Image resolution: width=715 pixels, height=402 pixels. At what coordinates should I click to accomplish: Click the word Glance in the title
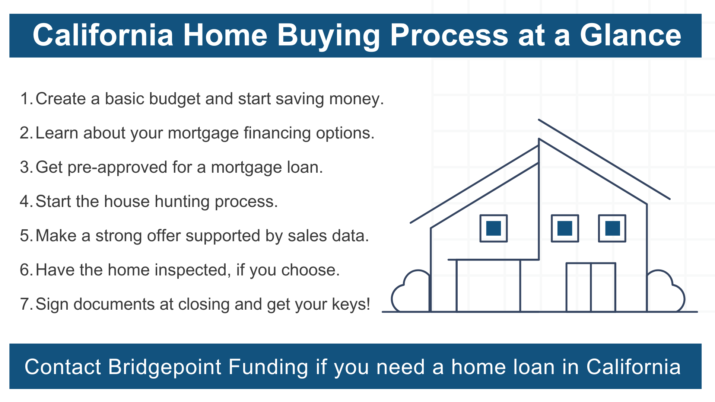point(630,35)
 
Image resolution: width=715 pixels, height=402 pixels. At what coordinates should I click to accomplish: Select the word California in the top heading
point(103,35)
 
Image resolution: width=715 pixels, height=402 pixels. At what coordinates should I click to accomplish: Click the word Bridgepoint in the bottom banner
point(165,367)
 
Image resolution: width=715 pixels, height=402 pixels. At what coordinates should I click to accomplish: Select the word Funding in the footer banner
point(268,367)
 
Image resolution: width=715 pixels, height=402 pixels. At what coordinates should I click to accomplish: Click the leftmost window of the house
point(493,229)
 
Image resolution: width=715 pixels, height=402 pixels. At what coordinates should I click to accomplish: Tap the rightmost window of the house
point(612,229)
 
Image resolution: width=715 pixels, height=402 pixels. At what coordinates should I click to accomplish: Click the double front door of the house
point(591,287)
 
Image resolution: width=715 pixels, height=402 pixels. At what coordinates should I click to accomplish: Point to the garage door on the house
point(488,285)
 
